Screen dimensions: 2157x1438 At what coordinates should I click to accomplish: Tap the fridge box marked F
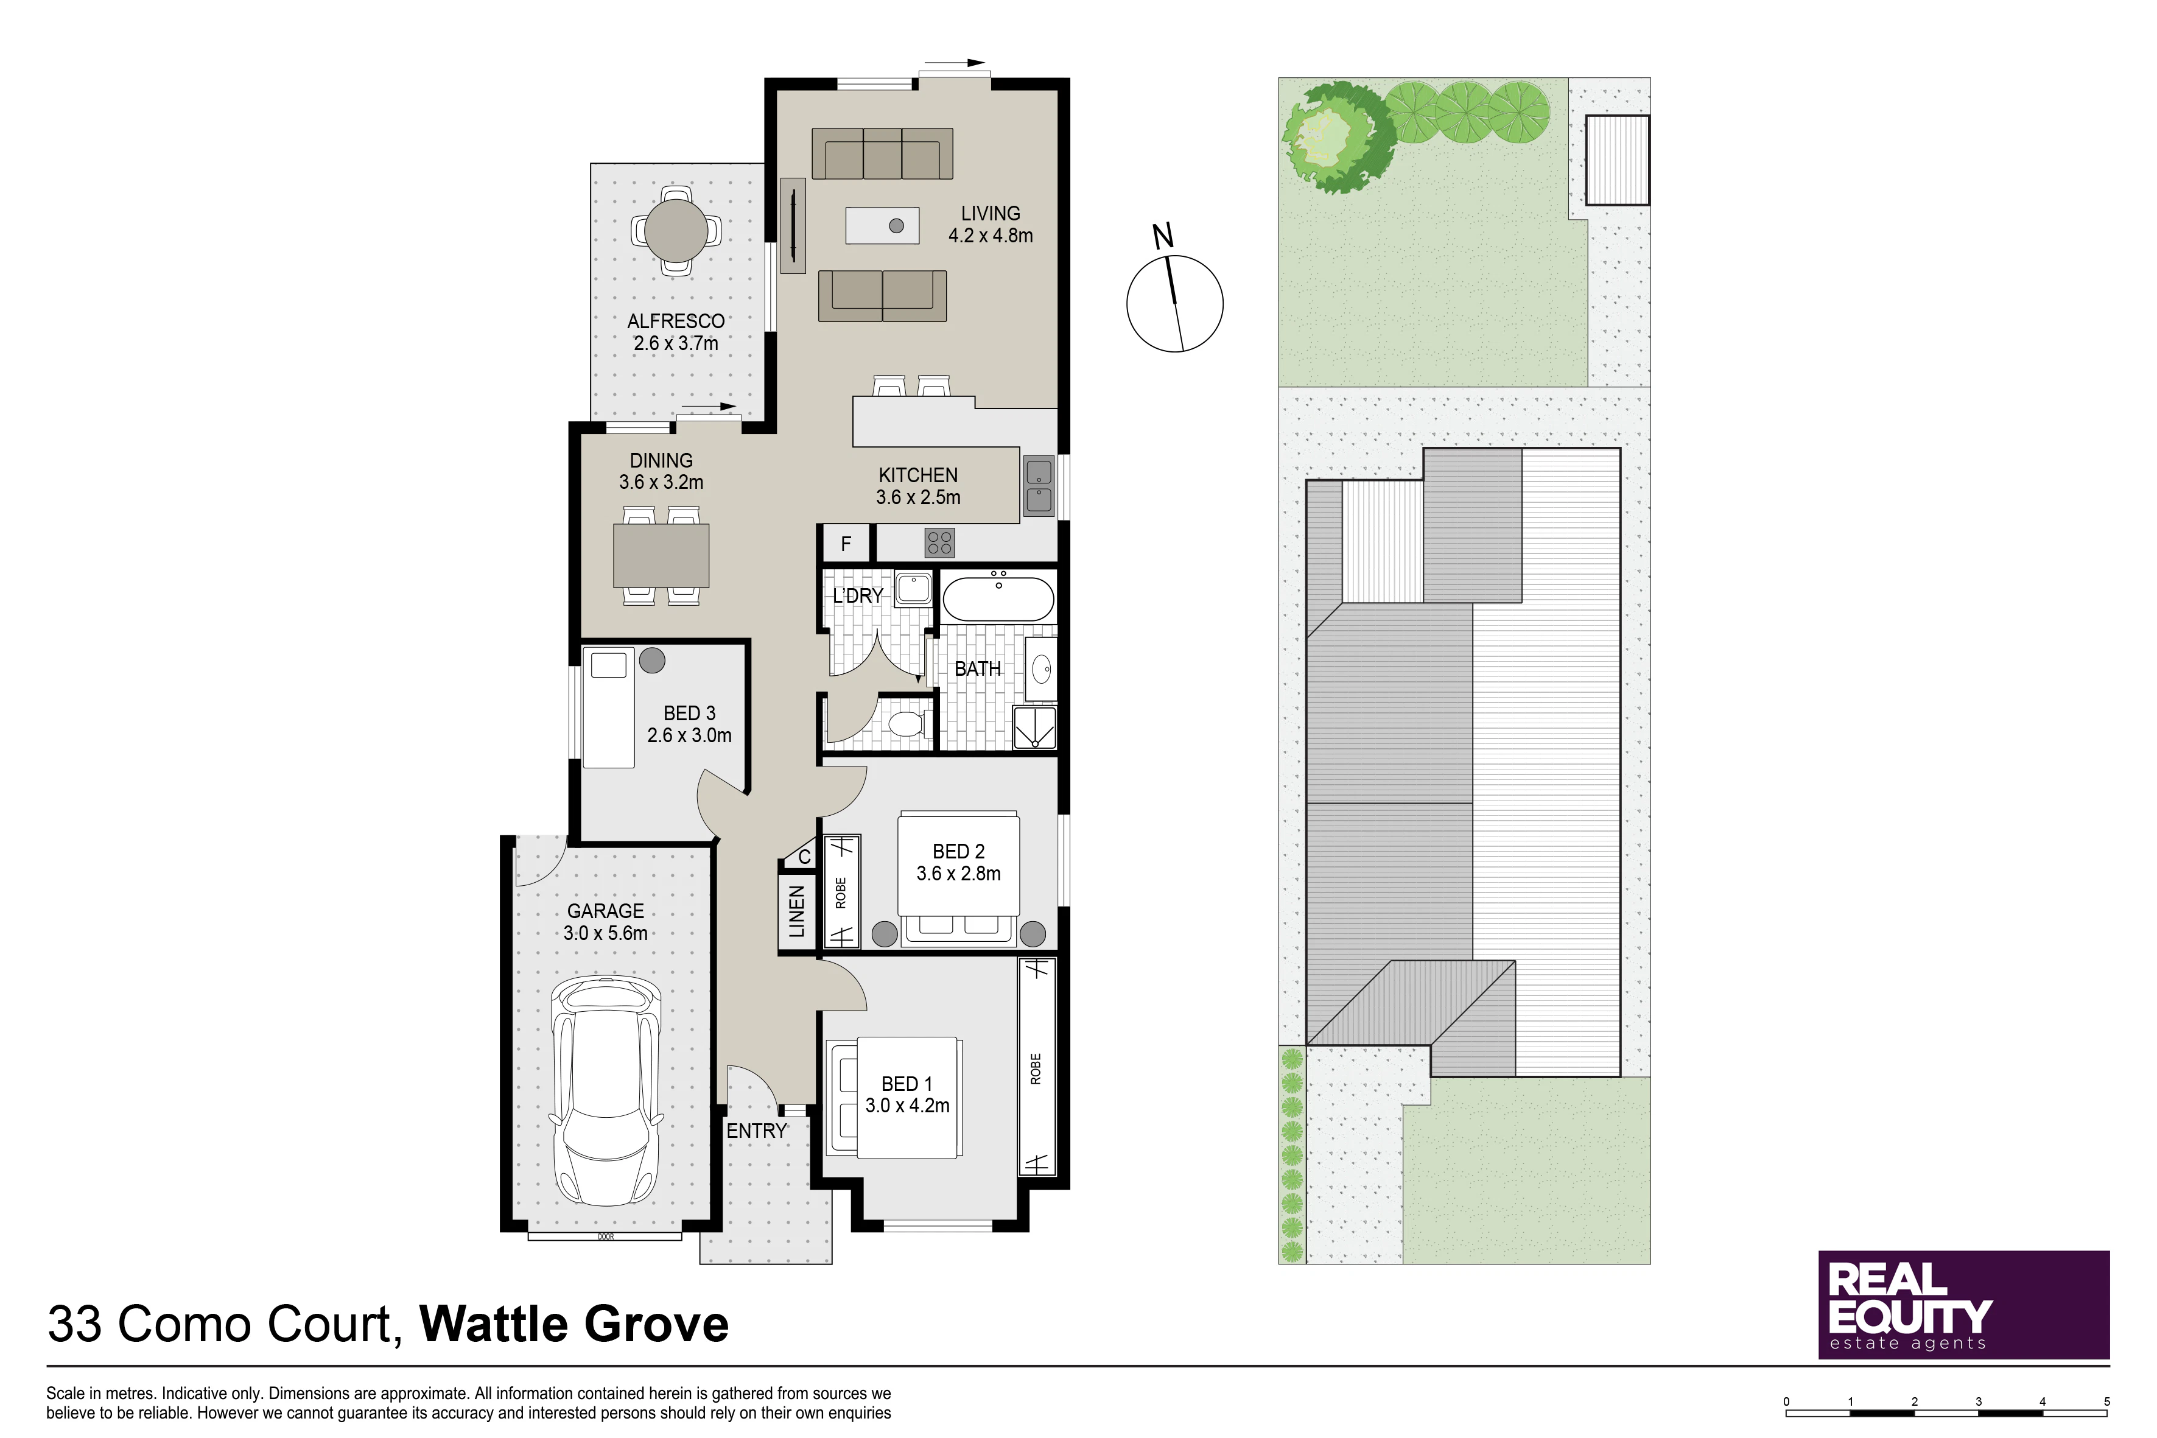[x=846, y=544]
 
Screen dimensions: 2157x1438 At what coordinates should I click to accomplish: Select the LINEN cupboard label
[x=796, y=911]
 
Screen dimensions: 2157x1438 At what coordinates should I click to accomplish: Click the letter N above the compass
[x=1163, y=237]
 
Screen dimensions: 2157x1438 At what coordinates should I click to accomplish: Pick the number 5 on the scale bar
[x=2106, y=1401]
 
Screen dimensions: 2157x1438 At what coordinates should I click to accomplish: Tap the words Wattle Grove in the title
[x=574, y=1324]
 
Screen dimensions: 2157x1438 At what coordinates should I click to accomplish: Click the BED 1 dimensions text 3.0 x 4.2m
[x=907, y=1106]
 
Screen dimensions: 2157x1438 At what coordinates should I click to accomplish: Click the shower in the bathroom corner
[x=1034, y=728]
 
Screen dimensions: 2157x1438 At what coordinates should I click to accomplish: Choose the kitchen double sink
[x=1039, y=486]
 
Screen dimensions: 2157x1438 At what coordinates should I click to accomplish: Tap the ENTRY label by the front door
[x=757, y=1132]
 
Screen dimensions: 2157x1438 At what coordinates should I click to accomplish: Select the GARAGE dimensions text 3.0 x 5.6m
[x=605, y=933]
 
